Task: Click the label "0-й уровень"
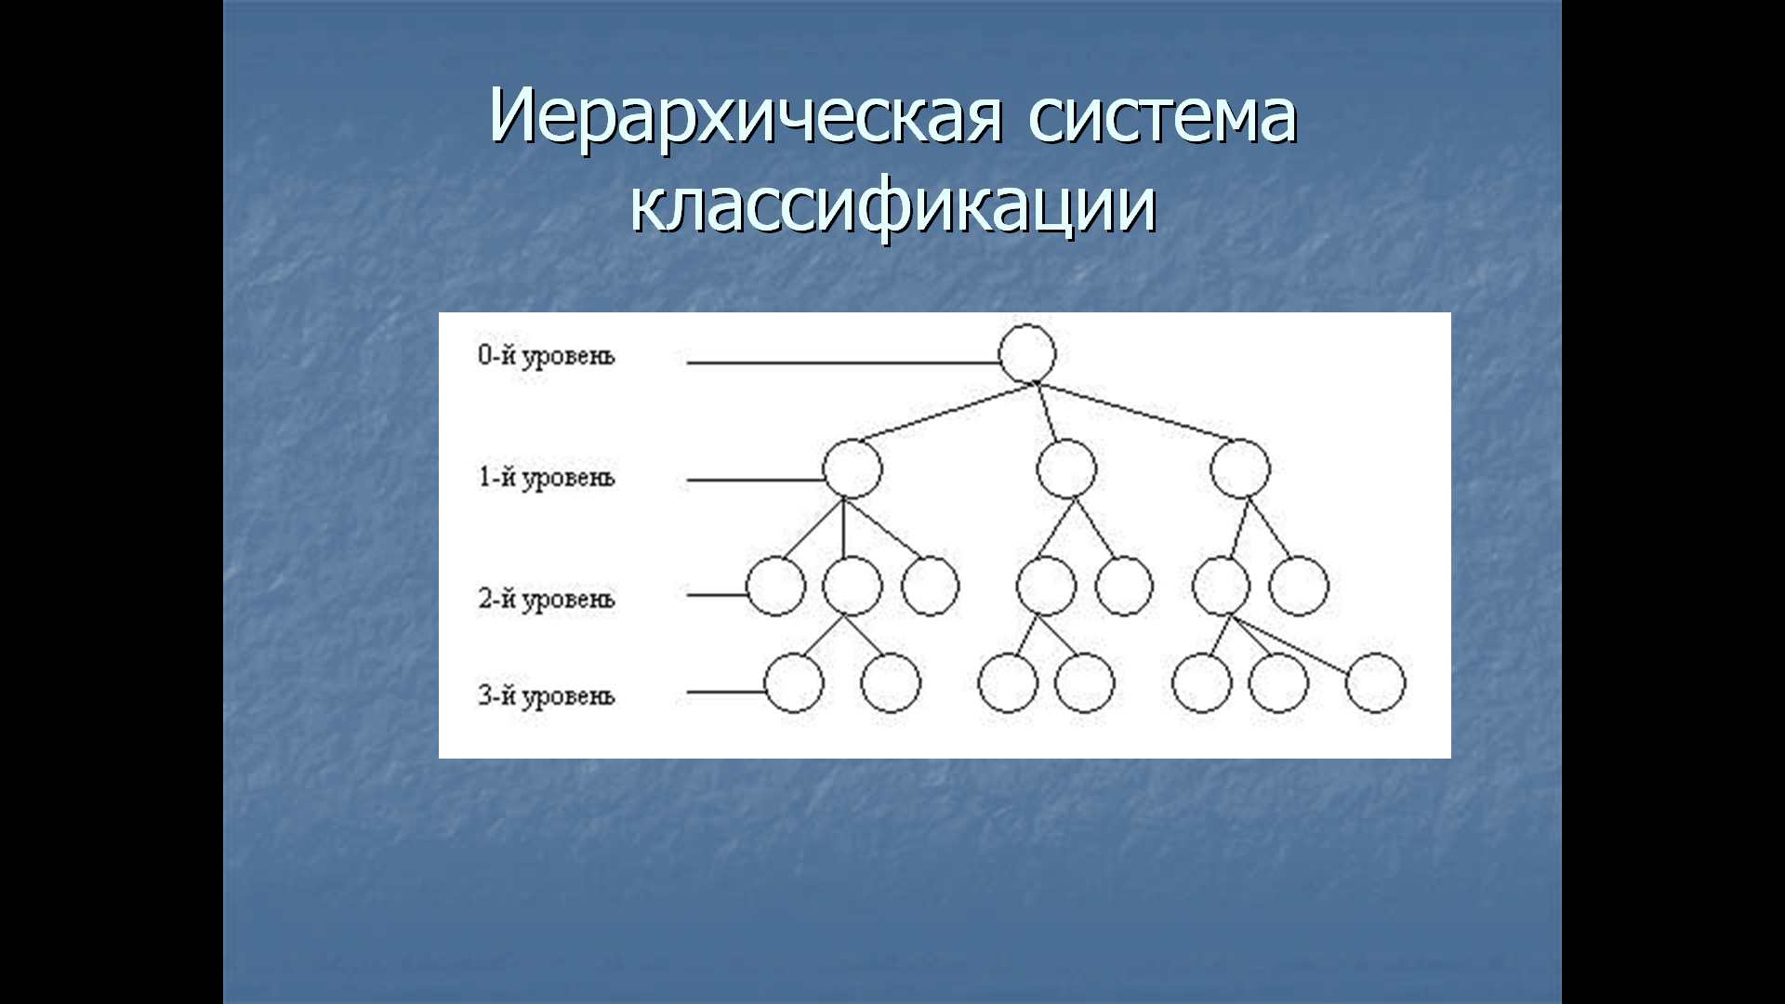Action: click(x=547, y=356)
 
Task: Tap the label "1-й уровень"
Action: click(x=547, y=478)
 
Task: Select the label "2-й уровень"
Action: click(x=547, y=600)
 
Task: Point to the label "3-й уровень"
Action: click(x=547, y=696)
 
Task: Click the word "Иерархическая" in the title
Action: click(x=746, y=117)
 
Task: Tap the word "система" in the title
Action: click(x=1162, y=119)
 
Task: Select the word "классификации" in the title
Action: click(x=893, y=206)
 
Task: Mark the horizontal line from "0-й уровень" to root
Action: click(x=843, y=362)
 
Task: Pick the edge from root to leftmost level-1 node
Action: click(x=946, y=412)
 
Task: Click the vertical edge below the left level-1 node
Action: click(x=843, y=528)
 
